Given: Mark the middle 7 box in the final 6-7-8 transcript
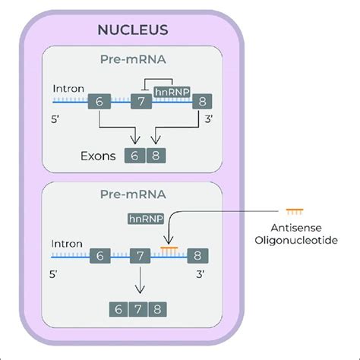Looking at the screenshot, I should click(x=137, y=309).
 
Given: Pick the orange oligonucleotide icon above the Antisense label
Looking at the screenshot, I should click(x=294, y=210).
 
